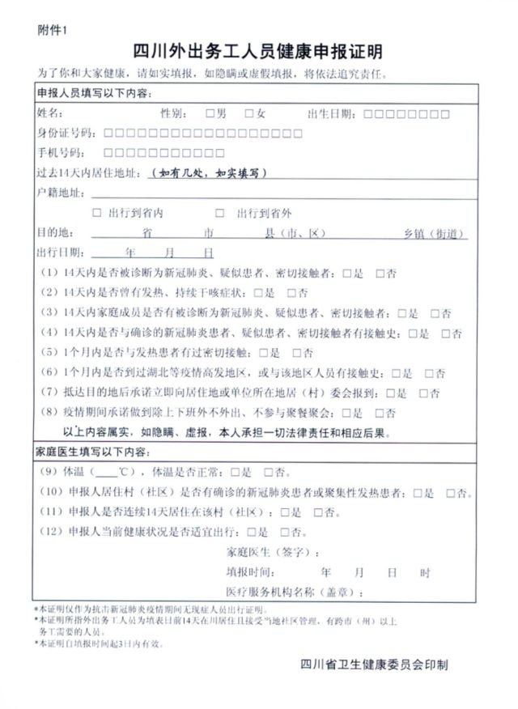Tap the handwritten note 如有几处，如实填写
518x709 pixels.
click(208, 172)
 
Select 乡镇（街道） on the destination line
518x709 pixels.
click(435, 233)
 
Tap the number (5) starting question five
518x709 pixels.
click(47, 352)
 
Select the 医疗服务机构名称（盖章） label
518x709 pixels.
click(295, 592)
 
